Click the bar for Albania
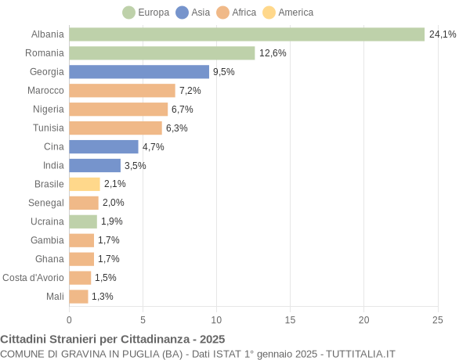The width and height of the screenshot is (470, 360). coord(247,34)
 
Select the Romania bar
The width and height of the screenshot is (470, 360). coord(162,53)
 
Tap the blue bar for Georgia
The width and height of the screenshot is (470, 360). coord(139,72)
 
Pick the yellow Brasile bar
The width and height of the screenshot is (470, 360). coord(85,184)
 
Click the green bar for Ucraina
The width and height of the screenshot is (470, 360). coord(83,221)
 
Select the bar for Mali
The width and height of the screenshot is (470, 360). coord(78,297)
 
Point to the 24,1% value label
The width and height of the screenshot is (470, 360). coord(443,34)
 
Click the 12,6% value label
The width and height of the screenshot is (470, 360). coord(273,53)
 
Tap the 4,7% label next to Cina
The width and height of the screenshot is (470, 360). coord(153,147)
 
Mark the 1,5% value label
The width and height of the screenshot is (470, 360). coord(106,278)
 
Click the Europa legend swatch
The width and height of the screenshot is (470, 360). coord(128,13)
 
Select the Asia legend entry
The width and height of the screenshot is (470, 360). coord(193,13)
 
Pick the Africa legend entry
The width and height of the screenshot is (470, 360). coord(236,13)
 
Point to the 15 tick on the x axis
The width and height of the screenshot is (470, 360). coord(290,319)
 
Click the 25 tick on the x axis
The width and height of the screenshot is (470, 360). coord(437,319)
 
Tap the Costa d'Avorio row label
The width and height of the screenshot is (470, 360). coord(33,278)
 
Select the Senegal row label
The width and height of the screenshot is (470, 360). coord(45,203)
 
